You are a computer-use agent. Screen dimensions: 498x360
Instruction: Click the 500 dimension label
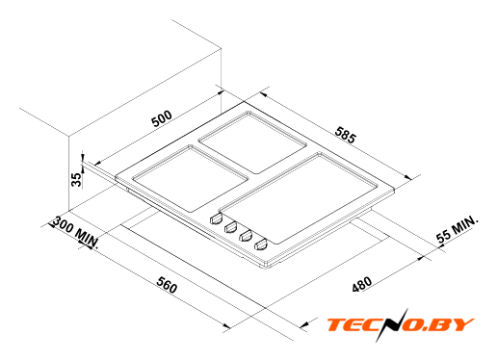[x=162, y=119]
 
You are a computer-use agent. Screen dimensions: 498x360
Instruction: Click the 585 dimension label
[x=346, y=135]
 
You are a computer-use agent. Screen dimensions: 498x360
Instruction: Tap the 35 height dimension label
[x=76, y=180]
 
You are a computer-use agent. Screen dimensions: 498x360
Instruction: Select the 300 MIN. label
[x=75, y=232]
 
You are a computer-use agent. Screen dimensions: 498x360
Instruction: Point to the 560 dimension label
[x=167, y=284]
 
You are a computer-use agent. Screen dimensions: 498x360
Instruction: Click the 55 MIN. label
[x=457, y=229]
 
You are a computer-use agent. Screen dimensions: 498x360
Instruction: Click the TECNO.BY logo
[x=400, y=324]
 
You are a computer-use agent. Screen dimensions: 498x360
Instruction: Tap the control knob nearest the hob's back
[x=216, y=219]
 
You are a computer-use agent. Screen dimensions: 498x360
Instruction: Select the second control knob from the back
[x=230, y=227]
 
